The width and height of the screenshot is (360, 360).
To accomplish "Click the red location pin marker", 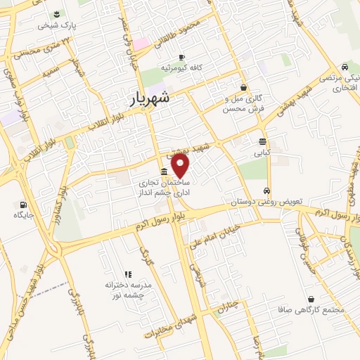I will coord(181,165).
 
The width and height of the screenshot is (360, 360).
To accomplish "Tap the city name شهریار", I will coord(151,99).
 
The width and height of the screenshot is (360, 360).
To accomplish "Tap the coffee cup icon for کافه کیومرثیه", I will coord(181,57).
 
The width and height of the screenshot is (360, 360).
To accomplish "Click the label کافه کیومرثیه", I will coord(181,67).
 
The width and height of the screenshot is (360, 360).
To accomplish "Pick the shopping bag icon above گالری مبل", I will coord(243,87).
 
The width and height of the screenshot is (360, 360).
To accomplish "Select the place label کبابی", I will coord(262,151).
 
